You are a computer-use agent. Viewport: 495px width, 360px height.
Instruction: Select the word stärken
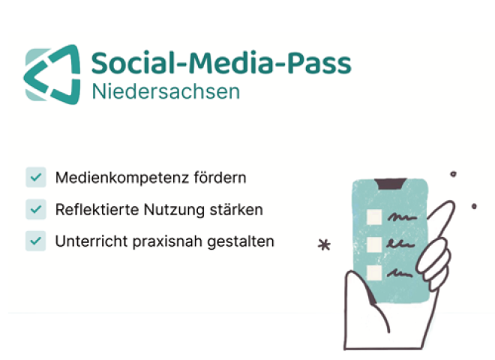pos(237,210)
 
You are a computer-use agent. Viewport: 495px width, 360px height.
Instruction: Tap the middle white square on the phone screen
pos(373,244)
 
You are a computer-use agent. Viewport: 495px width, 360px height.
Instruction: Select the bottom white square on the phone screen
pos(373,270)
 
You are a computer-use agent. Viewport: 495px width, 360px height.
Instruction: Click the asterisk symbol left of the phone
pos(324,245)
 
